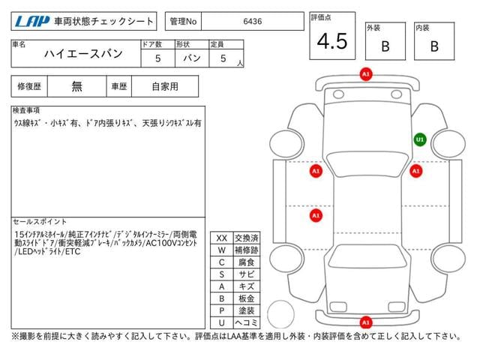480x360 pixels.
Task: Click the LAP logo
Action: coord(32,22)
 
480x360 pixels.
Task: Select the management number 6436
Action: coord(253,22)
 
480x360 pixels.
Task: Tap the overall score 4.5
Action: coord(332,41)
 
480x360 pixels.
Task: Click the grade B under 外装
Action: coord(385,46)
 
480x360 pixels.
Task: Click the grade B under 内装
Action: coord(434,46)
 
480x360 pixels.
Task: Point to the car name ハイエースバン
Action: coord(83,54)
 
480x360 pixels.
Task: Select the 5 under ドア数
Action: coord(157,58)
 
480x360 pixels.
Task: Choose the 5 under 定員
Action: coord(223,58)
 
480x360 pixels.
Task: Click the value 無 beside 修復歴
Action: coord(76,87)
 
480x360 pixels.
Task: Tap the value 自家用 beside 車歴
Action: coord(165,87)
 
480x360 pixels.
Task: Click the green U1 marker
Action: coord(420,139)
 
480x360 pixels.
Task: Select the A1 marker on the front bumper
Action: coord(366,74)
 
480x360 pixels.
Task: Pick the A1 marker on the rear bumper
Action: coord(366,322)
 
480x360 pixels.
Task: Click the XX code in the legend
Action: coord(222,238)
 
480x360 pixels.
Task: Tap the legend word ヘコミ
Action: coord(247,322)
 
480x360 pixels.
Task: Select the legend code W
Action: coord(222,250)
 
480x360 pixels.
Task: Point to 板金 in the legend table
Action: coord(247,298)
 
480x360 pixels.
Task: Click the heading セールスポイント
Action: coord(40,222)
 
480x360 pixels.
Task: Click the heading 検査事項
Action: coord(26,110)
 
